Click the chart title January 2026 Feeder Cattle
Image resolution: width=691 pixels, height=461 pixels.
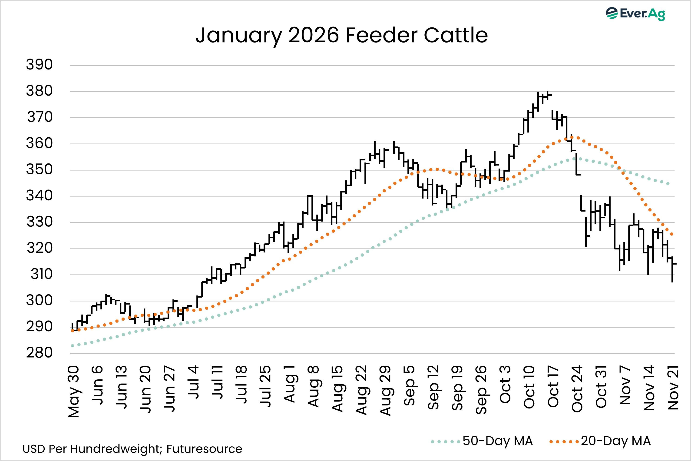pyautogui.click(x=342, y=35)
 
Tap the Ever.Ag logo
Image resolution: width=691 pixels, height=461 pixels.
pyautogui.click(x=635, y=13)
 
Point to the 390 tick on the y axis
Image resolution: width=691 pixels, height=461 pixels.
pyautogui.click(x=39, y=64)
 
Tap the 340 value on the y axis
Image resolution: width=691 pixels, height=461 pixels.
pyautogui.click(x=39, y=196)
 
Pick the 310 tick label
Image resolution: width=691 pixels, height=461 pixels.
pyautogui.click(x=41, y=274)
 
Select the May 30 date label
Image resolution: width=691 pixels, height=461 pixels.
pyautogui.click(x=73, y=391)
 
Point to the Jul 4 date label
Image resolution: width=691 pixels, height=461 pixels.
pyautogui.click(x=193, y=382)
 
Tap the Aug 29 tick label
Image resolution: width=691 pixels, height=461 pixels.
pyautogui.click(x=385, y=390)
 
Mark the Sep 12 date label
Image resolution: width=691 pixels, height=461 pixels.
pyautogui.click(x=433, y=387)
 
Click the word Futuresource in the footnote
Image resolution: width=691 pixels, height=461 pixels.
pyautogui.click(x=204, y=449)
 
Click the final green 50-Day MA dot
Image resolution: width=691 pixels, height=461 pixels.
pyautogui.click(x=668, y=184)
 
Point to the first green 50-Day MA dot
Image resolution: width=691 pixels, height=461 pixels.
pyautogui.click(x=72, y=346)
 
